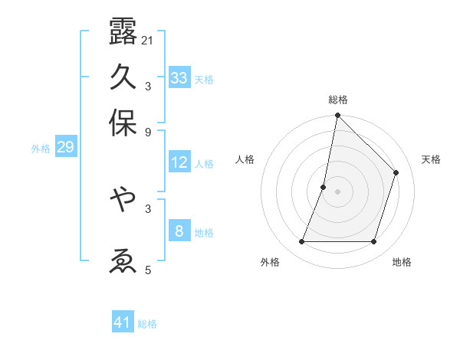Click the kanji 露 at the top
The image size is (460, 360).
pos(123,31)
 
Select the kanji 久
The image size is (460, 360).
pos(123,77)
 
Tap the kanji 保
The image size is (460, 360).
pos(123,123)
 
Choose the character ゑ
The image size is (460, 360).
pos(123,260)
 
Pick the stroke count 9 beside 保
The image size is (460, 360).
pos(147,131)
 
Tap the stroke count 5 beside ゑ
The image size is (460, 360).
pos(147,269)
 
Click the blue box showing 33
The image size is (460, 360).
pos(179,78)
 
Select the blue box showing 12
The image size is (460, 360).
pos(179,162)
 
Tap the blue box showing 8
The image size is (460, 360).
pos(179,231)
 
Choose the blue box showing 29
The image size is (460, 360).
pos(65,147)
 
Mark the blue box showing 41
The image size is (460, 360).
pos(123,322)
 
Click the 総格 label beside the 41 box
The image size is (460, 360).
pos(147,324)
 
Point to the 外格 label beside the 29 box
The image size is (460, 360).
pos(41,149)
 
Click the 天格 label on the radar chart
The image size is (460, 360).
pos(431,159)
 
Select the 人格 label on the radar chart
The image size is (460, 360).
pos(245,159)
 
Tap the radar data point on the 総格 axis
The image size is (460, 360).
pos(337,116)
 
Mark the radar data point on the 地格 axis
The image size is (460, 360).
pos(374,242)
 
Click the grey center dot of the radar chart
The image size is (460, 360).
pos(337,191)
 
